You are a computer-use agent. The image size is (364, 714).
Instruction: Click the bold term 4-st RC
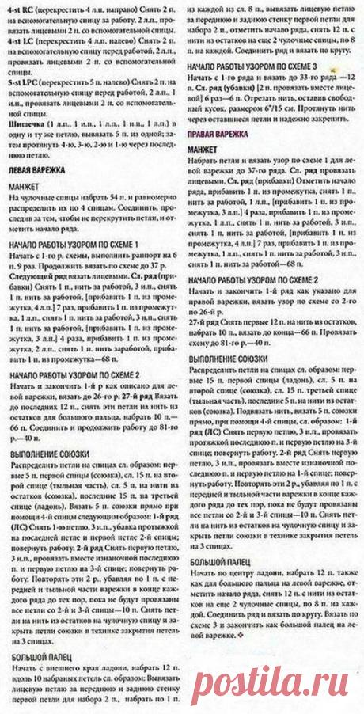(19, 8)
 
